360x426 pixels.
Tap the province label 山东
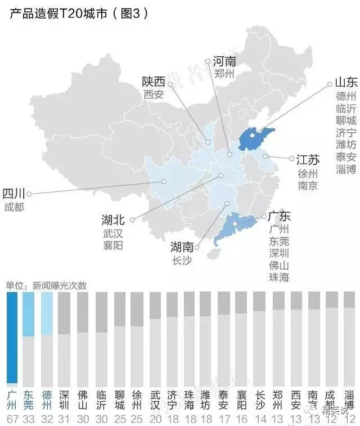coord(345,82)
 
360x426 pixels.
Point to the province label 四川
coord(13,194)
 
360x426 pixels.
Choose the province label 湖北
coord(113,219)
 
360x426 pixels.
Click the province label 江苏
coord(308,159)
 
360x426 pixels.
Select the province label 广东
coord(279,216)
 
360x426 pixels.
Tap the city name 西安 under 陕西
coord(153,95)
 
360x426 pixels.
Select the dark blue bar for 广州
coord(12,338)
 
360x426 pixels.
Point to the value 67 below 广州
coord(12,419)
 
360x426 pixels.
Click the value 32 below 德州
coord(47,419)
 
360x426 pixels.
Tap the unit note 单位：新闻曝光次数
coord(46,285)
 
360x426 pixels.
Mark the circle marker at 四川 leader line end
coord(29,194)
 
